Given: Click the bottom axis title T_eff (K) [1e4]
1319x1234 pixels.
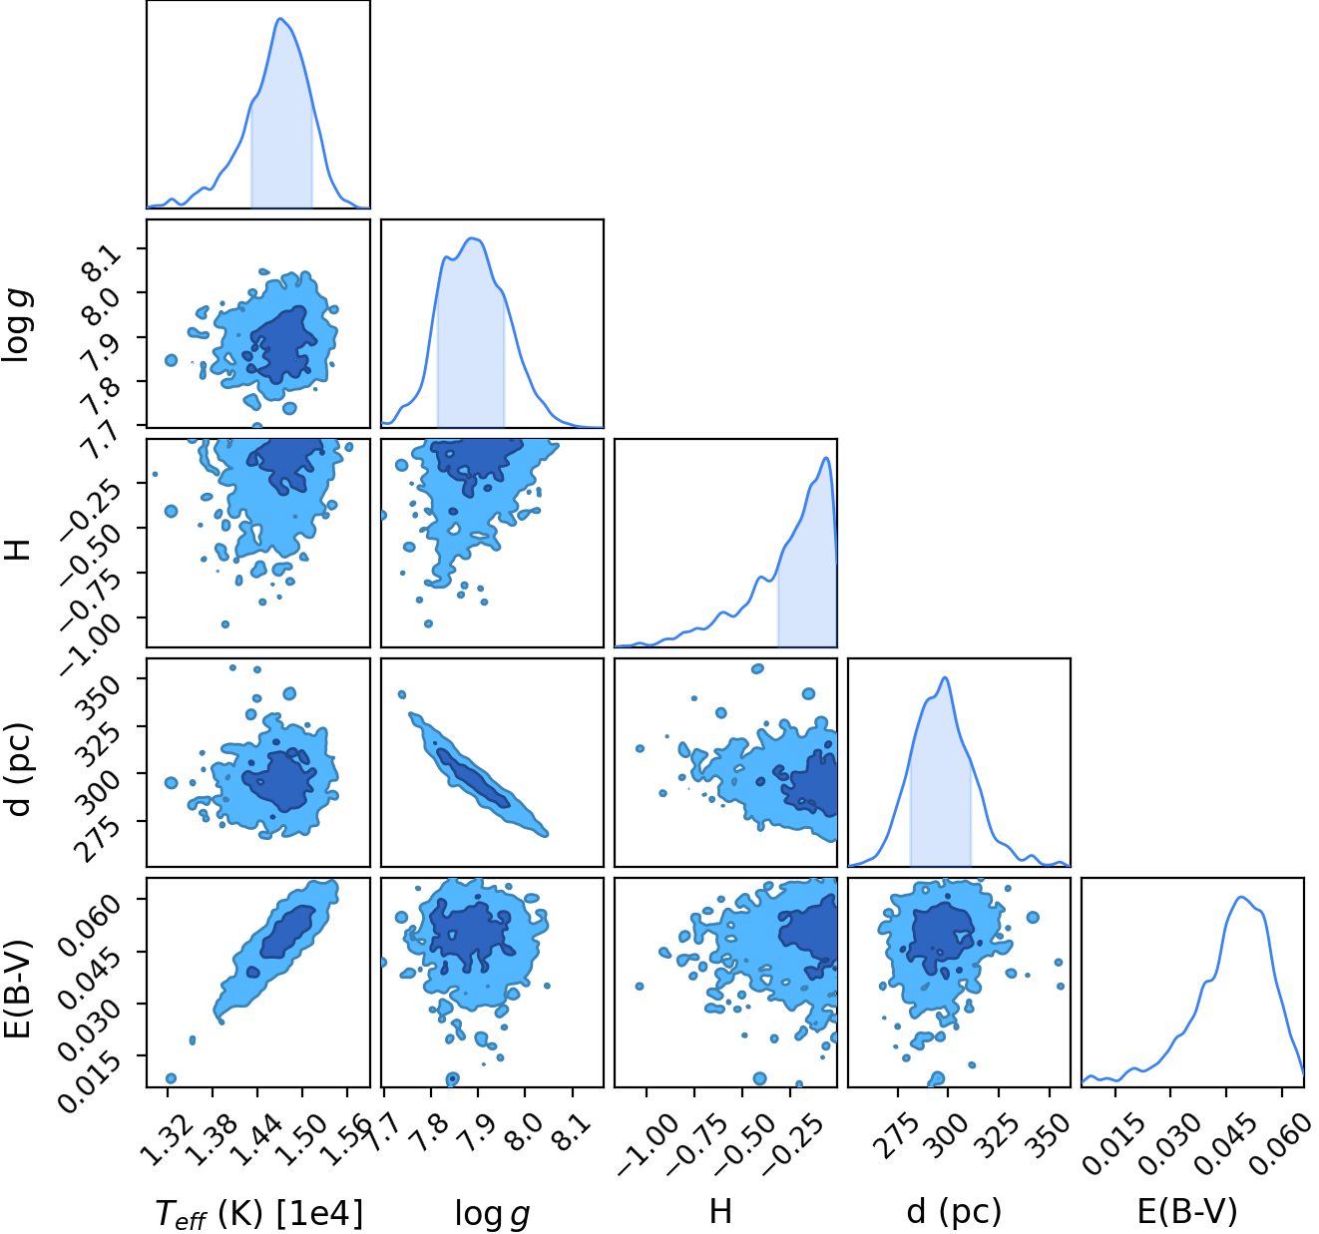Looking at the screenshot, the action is (259, 1213).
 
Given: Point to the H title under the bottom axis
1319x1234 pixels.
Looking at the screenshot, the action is (720, 1211).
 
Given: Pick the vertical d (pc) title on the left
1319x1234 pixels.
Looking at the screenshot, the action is (18, 769).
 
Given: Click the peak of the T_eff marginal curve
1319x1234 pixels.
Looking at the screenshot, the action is (280, 18).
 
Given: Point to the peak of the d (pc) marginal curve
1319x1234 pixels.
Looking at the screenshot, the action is (945, 677).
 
